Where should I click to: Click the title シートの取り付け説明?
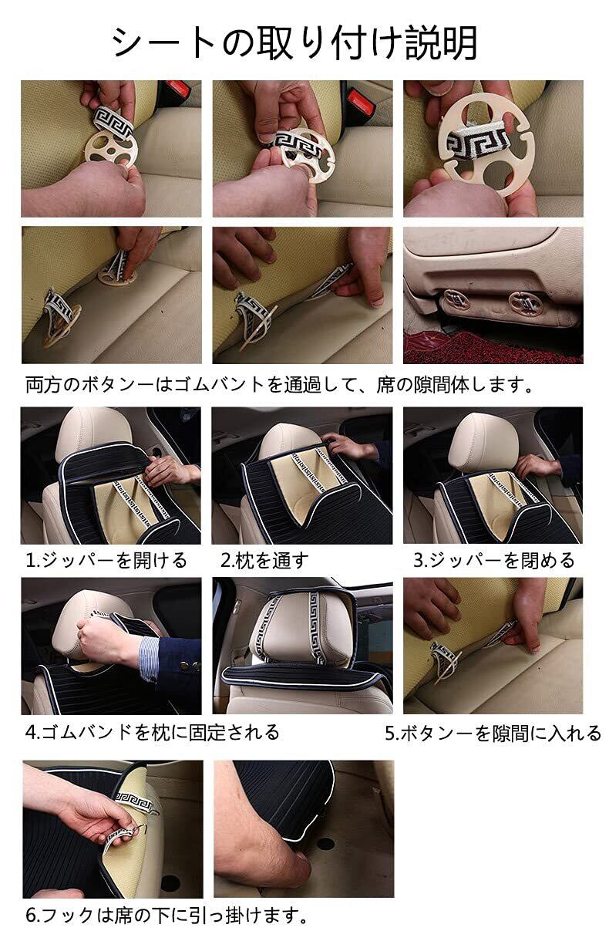click(294, 42)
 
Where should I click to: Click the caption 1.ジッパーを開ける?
click(106, 560)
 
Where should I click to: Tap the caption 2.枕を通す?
click(264, 560)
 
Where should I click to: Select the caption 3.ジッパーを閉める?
click(494, 560)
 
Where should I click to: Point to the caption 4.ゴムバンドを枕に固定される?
click(153, 732)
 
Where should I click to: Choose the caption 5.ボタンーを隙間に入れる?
click(493, 733)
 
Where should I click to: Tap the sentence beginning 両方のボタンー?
click(279, 384)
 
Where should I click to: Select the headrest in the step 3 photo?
click(483, 441)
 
